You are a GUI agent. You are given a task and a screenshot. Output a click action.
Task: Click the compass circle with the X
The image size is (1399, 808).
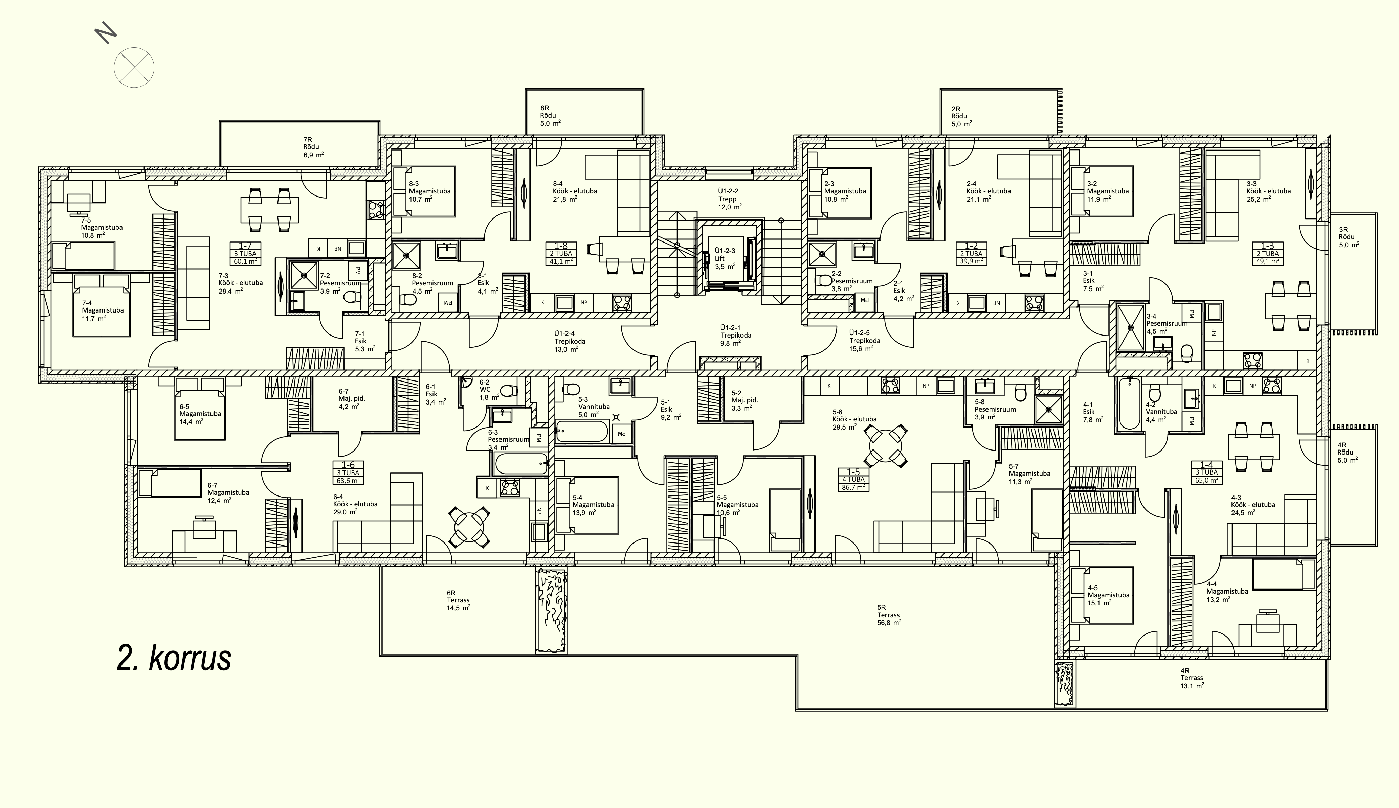[134, 68]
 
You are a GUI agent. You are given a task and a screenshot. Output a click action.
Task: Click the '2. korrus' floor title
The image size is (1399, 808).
[174, 659]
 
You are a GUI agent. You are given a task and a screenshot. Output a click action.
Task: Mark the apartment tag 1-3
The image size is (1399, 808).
[1267, 254]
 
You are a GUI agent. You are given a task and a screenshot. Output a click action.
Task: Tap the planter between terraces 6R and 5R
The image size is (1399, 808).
[551, 610]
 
